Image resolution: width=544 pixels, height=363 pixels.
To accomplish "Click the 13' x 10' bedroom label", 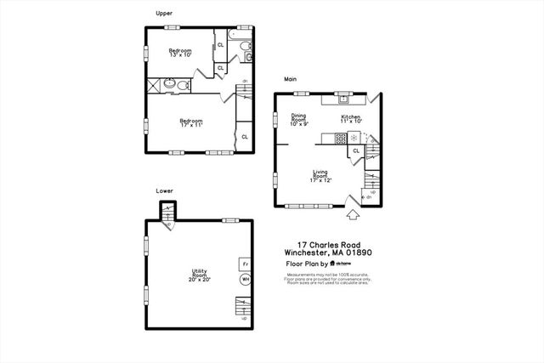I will (x=179, y=53).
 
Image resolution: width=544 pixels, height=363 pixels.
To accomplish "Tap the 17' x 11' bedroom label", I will (x=191, y=122).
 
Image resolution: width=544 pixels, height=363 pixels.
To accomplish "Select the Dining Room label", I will (x=299, y=120).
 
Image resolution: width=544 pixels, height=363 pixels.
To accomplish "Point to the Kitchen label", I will (x=351, y=119).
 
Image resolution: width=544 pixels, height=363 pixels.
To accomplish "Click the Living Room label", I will (x=320, y=176).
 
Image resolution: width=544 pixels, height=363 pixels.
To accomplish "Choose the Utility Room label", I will (x=199, y=275).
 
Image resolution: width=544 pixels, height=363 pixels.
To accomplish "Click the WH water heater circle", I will (x=245, y=278).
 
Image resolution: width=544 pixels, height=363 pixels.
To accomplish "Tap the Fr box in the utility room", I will (x=245, y=263).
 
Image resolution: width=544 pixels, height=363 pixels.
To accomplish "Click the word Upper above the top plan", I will (x=165, y=13).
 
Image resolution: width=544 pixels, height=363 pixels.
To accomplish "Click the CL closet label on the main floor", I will (x=355, y=151).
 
